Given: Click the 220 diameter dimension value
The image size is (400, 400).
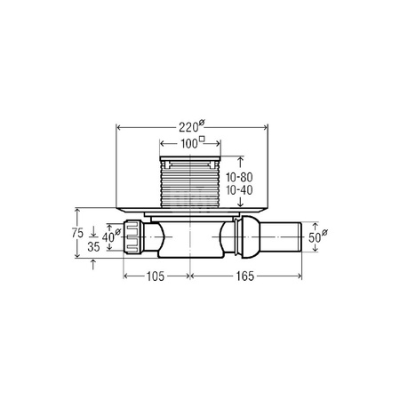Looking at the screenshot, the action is tap(188, 127).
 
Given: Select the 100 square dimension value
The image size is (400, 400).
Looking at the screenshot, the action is tap(189, 144).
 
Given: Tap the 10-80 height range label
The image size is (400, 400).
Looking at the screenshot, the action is tap(239, 177).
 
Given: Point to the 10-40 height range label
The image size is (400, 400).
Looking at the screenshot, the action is tap(239, 190).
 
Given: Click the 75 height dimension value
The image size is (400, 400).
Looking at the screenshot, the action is tap(77, 233).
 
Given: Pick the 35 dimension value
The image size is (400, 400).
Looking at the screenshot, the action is tap(93, 246).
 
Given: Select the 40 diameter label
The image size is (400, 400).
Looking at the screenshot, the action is tap(108, 237).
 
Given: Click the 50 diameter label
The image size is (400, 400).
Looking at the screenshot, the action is tap(315, 237).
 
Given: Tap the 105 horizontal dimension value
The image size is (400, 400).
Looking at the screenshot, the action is tap(156, 276).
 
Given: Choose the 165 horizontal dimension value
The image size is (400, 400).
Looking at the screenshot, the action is tap(245, 276).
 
